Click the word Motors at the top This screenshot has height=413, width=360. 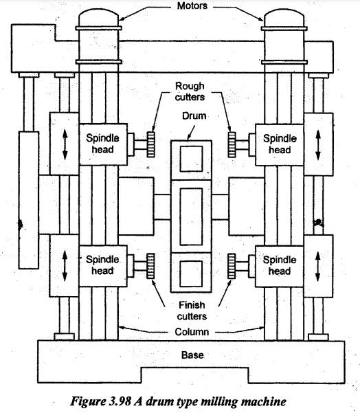[192, 5]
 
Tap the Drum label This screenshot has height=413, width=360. [194, 116]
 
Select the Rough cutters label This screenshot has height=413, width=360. [190, 91]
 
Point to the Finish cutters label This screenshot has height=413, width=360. [192, 311]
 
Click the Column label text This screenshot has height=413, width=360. [192, 332]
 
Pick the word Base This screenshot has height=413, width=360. [192, 355]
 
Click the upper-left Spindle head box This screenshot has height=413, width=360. [103, 144]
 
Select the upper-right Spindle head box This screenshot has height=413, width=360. [280, 145]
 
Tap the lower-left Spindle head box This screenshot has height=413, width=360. [103, 266]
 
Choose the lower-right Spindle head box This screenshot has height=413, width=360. [280, 267]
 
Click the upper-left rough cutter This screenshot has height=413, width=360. [151, 144]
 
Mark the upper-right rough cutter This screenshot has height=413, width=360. [232, 144]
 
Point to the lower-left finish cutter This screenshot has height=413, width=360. [150, 266]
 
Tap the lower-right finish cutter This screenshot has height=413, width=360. [232, 267]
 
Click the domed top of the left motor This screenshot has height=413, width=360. [98, 17]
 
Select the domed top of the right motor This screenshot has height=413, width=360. [284, 18]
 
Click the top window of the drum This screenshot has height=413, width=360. [192, 159]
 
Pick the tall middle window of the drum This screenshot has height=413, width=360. [191, 216]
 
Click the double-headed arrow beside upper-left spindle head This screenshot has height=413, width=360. [65, 145]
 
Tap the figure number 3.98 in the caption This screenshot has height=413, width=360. [120, 402]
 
